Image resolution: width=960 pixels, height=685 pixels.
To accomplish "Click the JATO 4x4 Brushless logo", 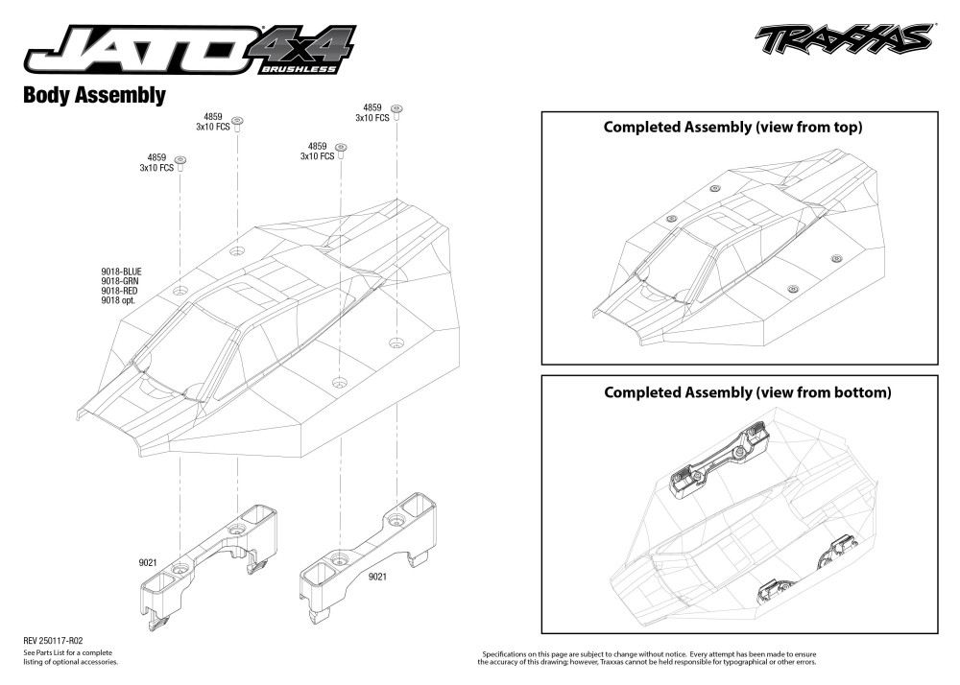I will [187, 48].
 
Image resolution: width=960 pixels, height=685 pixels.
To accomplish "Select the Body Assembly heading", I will [94, 96].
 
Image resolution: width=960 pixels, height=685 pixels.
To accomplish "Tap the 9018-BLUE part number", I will [121, 272].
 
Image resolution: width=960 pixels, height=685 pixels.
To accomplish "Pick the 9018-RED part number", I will [120, 292].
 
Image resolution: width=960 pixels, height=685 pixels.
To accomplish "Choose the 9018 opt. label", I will [118, 301].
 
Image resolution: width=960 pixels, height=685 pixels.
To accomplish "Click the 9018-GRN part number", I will [120, 282].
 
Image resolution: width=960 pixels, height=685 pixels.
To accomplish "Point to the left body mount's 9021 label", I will [147, 564].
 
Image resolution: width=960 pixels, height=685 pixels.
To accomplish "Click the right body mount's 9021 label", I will [377, 577].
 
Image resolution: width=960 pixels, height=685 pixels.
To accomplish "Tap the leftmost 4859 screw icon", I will [180, 159].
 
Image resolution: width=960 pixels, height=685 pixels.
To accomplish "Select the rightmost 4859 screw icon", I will [397, 109].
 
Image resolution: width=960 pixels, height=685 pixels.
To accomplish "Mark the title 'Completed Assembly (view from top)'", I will [732, 127].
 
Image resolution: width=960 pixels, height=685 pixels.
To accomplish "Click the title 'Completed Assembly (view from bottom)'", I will [747, 392].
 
